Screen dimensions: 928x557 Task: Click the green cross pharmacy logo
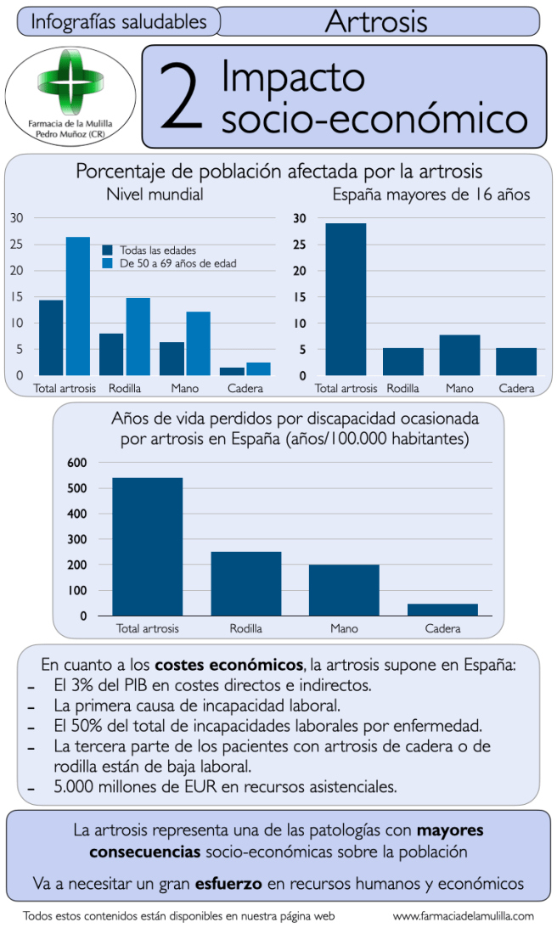(70, 83)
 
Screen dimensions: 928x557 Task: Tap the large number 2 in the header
(181, 98)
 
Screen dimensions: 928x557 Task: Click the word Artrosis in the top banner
(376, 21)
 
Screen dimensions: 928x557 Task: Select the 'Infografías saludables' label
(118, 21)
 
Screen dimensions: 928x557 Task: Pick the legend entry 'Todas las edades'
(158, 250)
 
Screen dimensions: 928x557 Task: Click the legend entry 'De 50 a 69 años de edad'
(177, 264)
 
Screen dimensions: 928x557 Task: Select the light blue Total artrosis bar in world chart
(78, 306)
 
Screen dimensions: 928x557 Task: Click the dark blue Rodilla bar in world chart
(111, 354)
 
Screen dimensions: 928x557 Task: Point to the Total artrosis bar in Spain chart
(346, 299)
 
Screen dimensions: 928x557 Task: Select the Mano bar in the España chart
(459, 355)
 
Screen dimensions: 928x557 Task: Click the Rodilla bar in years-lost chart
(246, 583)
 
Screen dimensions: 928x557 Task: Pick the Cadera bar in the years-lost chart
(442, 610)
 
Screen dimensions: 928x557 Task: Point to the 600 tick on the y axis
(77, 463)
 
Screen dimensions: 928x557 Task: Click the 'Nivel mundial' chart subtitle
(155, 194)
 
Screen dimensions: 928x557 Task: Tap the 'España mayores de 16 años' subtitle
(431, 194)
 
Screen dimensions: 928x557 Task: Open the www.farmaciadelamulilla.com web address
(464, 916)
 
